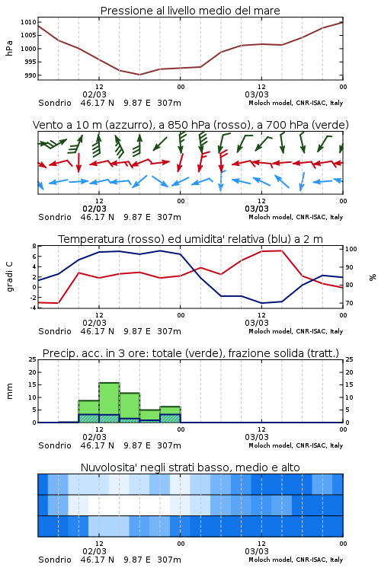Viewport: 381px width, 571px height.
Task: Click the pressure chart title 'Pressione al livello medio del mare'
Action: [x=190, y=11]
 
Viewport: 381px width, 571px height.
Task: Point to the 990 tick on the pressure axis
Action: [x=30, y=75]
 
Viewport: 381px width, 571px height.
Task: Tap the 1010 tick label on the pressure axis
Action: [x=29, y=22]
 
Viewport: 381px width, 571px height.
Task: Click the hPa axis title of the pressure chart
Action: [x=9, y=48]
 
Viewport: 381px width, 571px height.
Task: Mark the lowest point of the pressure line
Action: [x=139, y=75]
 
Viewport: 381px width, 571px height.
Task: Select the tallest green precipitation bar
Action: [x=110, y=403]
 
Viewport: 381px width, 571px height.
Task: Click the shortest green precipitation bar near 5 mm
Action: [x=150, y=416]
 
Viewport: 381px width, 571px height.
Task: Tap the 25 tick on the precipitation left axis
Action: [x=33, y=359]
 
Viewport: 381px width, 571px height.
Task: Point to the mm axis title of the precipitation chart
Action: [x=9, y=391]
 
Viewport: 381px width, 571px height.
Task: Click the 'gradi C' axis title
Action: [x=10, y=276]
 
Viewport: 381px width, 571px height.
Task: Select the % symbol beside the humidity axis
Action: [x=373, y=277]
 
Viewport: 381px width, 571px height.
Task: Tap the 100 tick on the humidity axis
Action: [x=351, y=249]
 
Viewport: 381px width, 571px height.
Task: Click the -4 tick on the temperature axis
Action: [x=33, y=308]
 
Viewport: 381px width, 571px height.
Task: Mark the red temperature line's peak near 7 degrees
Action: [x=281, y=250]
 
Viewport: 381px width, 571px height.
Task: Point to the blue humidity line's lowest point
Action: [x=261, y=303]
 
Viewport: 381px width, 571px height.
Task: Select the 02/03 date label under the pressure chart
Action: [x=94, y=94]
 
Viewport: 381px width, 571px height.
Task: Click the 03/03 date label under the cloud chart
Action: [x=257, y=551]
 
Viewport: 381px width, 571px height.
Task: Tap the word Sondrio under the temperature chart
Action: [x=55, y=331]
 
